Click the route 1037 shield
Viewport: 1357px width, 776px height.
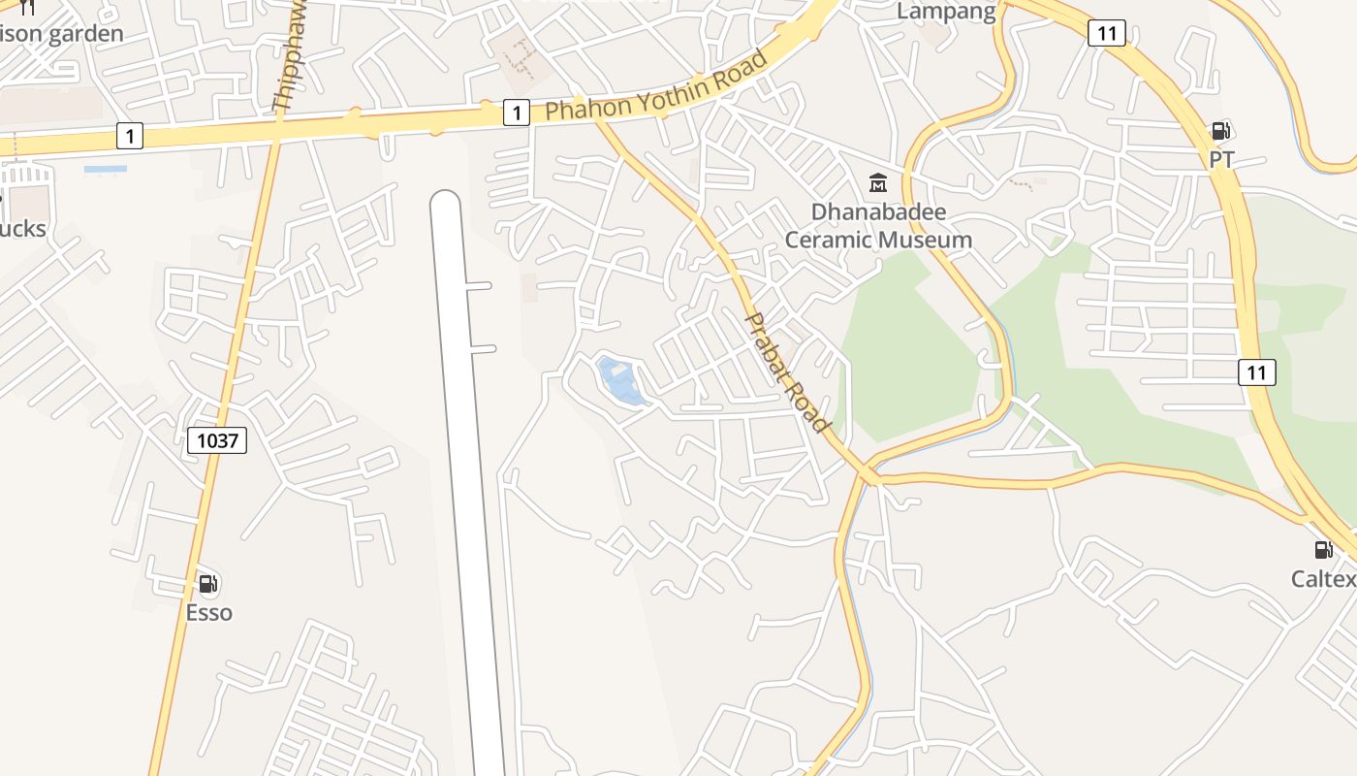pos(217,441)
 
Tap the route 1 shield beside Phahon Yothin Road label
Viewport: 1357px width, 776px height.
pos(517,113)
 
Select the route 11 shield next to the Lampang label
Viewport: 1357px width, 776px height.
pos(1106,33)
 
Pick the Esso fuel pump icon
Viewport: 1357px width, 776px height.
pos(207,584)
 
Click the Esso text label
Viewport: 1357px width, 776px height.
pos(209,613)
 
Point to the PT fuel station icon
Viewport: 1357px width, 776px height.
pos(1220,131)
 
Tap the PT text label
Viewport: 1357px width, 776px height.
pos(1221,160)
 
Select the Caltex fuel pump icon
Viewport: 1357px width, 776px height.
pos(1323,550)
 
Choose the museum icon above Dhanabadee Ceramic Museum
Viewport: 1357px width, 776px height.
pos(878,182)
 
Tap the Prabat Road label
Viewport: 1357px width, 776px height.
pos(787,372)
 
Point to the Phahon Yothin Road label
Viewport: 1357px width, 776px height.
pos(656,86)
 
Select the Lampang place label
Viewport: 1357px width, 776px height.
pos(946,12)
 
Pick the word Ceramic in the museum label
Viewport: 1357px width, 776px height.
pos(826,240)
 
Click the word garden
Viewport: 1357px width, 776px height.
pos(85,34)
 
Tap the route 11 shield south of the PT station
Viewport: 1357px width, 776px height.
pos(1256,372)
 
